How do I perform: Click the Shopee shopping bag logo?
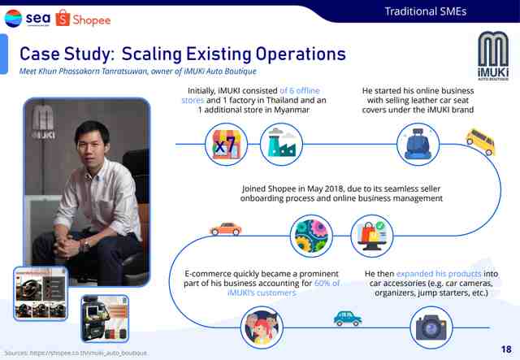click(x=63, y=18)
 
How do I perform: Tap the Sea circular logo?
click(x=13, y=18)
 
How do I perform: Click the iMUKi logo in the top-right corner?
click(x=493, y=56)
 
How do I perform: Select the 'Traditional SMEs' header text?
click(x=426, y=11)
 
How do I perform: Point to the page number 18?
click(x=506, y=349)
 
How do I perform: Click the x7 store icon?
click(x=226, y=145)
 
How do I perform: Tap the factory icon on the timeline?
click(x=281, y=145)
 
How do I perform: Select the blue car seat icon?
click(x=418, y=145)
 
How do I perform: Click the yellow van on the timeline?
click(x=480, y=141)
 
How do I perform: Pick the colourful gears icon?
click(x=311, y=236)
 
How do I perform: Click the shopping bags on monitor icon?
click(x=372, y=236)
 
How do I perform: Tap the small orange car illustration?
click(x=226, y=229)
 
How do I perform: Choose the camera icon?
click(x=431, y=327)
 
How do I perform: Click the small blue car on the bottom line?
click(x=348, y=319)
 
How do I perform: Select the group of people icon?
click(x=262, y=327)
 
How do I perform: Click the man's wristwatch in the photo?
click(x=86, y=245)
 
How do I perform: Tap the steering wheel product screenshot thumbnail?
click(x=41, y=293)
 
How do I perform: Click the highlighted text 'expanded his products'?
click(x=439, y=274)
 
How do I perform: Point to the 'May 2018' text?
click(x=322, y=189)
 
